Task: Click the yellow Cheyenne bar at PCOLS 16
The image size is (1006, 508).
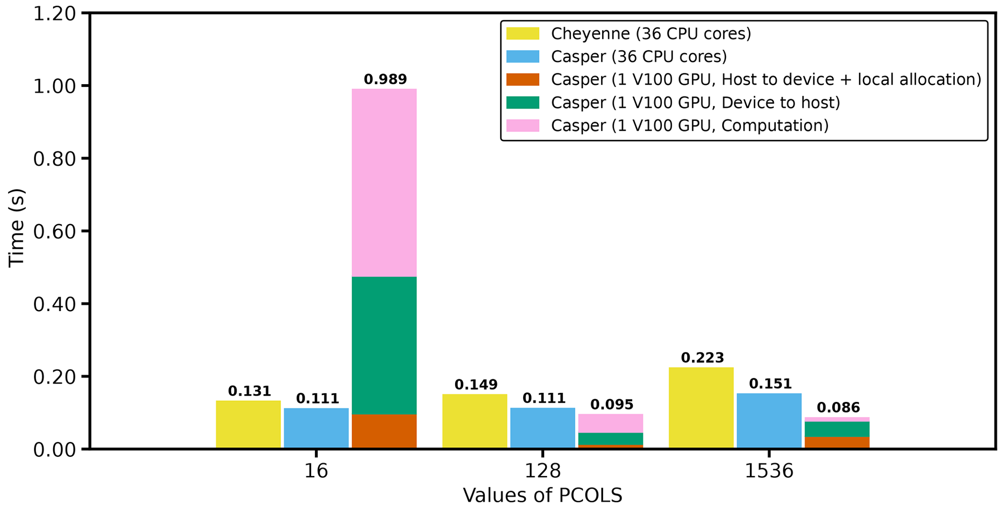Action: coord(248,424)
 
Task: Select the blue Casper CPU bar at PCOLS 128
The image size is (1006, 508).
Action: coord(543,428)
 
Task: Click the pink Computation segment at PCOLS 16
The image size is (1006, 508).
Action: coord(384,182)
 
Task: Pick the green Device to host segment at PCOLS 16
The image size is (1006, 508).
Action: coord(384,345)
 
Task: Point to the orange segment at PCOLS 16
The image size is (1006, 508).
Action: coord(384,431)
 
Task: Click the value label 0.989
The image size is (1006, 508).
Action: coord(385,79)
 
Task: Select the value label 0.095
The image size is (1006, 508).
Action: coord(612,404)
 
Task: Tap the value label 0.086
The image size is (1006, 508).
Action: coord(838,407)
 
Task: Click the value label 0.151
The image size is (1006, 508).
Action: coord(770,384)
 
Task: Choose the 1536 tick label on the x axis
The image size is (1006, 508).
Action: coord(769,471)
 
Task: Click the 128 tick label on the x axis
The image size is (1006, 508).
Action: coord(543,471)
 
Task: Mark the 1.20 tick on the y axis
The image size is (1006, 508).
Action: coord(55,14)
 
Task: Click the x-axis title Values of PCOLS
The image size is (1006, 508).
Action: coord(542,495)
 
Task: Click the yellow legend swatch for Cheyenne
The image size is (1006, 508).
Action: coord(523,34)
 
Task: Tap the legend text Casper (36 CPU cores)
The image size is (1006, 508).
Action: coord(639,56)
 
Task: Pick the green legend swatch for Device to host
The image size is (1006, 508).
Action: coord(523,103)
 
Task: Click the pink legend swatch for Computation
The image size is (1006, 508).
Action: coord(523,125)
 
